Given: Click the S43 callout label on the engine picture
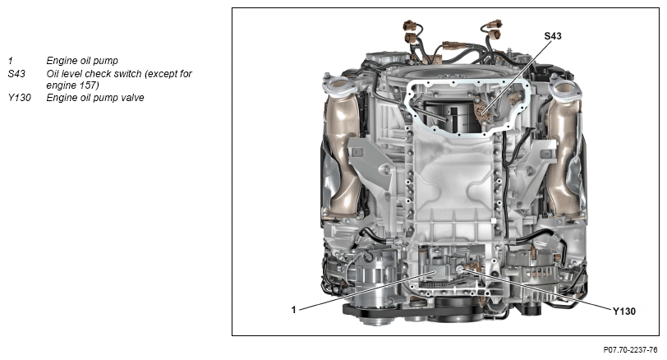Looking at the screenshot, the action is (x=553, y=36).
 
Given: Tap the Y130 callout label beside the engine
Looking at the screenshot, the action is (x=624, y=312).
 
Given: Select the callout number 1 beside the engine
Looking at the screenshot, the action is (x=293, y=310).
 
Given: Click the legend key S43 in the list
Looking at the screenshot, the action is (x=16, y=74).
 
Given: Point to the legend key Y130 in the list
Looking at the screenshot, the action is (x=19, y=98).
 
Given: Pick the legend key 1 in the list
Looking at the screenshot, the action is (x=10, y=61).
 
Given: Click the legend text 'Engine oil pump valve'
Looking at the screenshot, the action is (x=95, y=98).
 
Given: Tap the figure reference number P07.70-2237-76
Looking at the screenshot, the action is (x=630, y=350).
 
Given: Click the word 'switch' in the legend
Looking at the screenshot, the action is (x=128, y=74).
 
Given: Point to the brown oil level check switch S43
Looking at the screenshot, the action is (x=482, y=112).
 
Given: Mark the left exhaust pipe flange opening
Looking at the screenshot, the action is (x=339, y=85).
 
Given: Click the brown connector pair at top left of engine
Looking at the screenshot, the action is (x=412, y=31).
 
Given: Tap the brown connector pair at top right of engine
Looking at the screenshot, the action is (x=494, y=28).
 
